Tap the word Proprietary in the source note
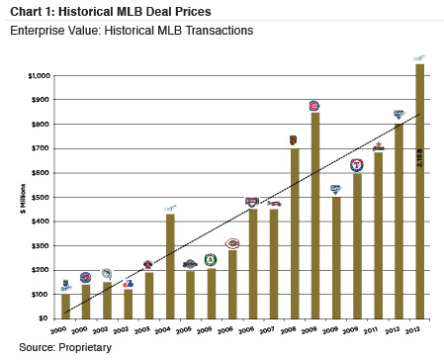81,347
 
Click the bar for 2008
294,233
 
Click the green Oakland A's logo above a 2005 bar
210,259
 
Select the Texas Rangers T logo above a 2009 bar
356,165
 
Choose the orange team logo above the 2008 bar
294,140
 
